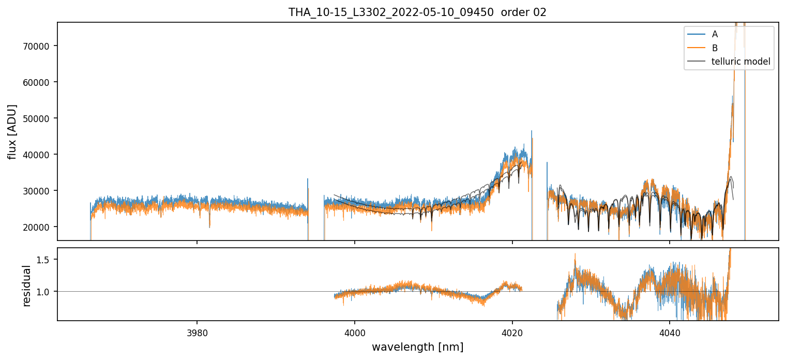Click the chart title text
(417, 12)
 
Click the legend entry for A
(715, 34)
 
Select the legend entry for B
(715, 48)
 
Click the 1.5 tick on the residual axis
(46, 259)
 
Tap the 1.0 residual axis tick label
(46, 292)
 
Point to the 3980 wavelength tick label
(197, 332)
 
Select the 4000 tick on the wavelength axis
(355, 332)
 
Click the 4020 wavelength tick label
(512, 332)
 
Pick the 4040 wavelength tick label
(670, 332)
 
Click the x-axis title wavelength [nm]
(417, 347)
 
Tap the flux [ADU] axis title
(12, 131)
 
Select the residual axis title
(26, 286)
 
